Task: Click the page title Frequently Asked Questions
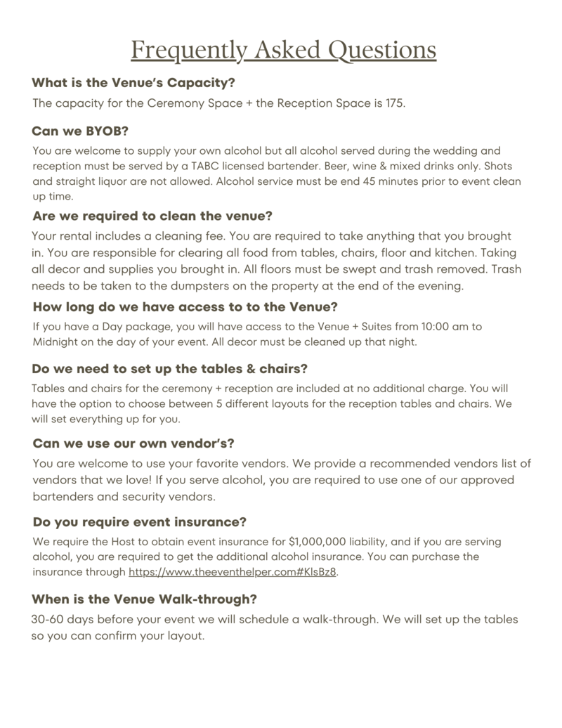point(283,51)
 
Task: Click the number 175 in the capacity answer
point(395,103)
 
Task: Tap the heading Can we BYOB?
point(79,131)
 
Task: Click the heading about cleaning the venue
point(152,216)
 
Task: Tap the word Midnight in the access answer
point(56,342)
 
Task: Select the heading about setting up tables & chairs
point(170,368)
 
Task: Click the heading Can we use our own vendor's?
point(133,443)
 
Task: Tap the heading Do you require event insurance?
point(139,522)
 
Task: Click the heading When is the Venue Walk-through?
point(144,599)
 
